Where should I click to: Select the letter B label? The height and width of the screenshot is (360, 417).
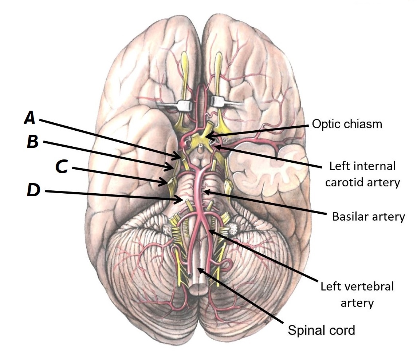[33, 142]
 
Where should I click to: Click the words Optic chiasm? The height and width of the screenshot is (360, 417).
[347, 124]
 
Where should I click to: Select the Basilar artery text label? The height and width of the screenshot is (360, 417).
[368, 217]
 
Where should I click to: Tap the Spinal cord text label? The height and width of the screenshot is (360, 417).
[321, 331]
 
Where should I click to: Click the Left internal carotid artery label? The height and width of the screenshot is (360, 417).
[362, 174]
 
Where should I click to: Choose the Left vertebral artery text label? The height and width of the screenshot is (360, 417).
[357, 294]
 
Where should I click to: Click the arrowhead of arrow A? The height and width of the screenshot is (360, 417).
[181, 158]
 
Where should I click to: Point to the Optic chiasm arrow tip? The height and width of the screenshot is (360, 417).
[205, 137]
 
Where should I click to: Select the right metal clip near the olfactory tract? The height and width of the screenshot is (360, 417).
[220, 102]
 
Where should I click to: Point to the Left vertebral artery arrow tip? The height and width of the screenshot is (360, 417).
[209, 230]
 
